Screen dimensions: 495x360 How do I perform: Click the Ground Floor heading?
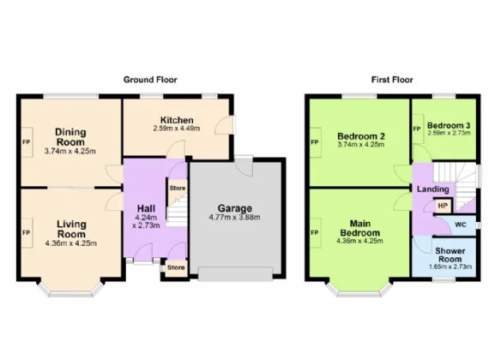(150, 80)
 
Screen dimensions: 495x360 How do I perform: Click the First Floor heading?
(392, 80)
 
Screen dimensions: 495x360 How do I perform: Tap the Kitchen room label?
(177, 120)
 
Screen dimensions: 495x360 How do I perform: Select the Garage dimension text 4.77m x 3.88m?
(234, 217)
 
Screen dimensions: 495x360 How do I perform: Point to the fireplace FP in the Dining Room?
(27, 142)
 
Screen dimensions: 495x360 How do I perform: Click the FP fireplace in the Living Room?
(27, 232)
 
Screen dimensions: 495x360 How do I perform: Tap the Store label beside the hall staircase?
(178, 188)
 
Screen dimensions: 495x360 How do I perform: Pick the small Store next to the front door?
(176, 268)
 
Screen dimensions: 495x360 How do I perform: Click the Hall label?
(146, 208)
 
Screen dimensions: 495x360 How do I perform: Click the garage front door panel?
(235, 274)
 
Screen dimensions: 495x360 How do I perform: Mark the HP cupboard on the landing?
(444, 206)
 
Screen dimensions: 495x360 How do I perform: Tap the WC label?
(461, 225)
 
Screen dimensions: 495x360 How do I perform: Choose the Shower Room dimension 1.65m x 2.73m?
(450, 267)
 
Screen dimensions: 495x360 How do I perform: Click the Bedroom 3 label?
(449, 125)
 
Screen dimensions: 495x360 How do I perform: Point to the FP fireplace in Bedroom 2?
(316, 142)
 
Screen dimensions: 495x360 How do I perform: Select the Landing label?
(433, 189)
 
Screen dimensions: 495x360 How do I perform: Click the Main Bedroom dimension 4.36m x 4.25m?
(360, 241)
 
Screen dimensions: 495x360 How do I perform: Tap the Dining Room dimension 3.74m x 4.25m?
(70, 151)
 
